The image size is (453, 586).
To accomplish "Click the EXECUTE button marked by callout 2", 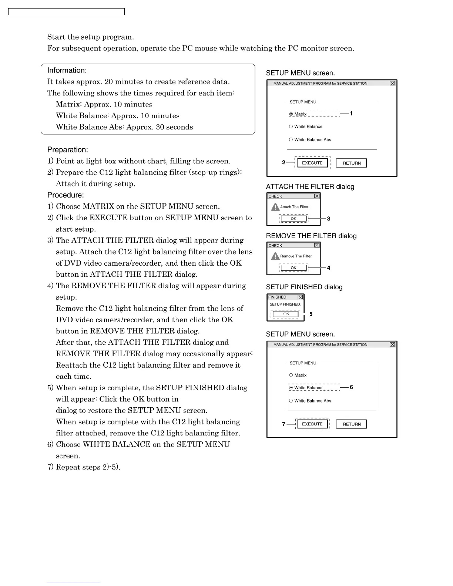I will (x=312, y=163).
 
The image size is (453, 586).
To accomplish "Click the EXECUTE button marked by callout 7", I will (x=312, y=424).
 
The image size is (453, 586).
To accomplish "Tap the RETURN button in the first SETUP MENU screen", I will (x=351, y=163).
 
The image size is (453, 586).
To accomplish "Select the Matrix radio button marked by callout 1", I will (x=291, y=114).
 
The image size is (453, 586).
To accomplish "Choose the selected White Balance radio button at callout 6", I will (x=291, y=388).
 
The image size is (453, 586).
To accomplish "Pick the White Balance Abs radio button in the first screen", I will (x=291, y=139).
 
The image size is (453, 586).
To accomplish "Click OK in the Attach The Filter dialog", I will (x=293, y=219).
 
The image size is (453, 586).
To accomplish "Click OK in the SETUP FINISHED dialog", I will (x=286, y=314).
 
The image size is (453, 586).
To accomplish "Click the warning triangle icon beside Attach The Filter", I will (x=275, y=207).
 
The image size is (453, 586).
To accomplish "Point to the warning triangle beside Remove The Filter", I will (x=275, y=256).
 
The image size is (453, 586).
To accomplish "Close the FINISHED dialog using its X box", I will (x=300, y=297).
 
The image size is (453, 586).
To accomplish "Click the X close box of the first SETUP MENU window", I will (x=392, y=84).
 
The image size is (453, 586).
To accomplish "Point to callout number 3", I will (x=329, y=219).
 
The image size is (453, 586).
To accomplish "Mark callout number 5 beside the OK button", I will (x=311, y=314).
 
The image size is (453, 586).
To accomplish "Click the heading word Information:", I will (x=67, y=70).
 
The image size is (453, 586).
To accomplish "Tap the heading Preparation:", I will (x=68, y=150).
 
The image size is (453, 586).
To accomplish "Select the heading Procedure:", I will (x=66, y=195).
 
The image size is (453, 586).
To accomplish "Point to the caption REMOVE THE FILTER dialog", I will (x=311, y=236).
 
